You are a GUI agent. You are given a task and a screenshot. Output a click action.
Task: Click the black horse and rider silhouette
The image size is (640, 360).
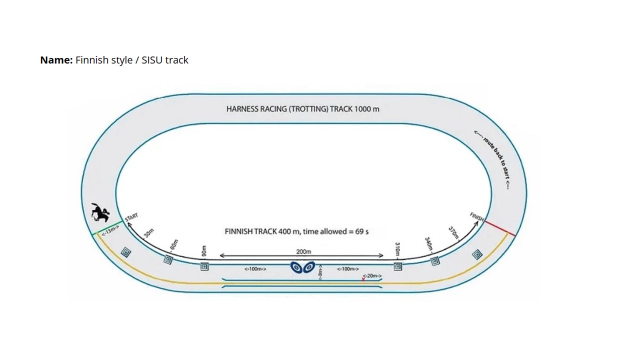point(100,212)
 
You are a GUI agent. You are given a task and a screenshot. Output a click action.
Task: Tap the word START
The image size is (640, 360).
point(131,217)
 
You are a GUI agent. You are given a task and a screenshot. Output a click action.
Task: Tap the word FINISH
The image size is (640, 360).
point(477,217)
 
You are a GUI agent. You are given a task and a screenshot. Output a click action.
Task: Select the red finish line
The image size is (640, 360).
point(499,228)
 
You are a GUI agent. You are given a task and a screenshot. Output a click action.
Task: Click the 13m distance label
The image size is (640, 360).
point(110,230)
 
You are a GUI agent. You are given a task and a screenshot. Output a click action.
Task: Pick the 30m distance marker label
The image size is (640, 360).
point(148,233)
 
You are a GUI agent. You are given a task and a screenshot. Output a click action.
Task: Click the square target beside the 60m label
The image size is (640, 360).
point(168,259)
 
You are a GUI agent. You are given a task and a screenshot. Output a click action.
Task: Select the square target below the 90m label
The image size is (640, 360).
point(204,267)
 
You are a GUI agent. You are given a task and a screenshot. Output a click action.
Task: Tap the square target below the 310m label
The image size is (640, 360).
point(397,266)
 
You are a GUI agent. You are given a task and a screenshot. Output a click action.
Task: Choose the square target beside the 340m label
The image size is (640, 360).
point(435,261)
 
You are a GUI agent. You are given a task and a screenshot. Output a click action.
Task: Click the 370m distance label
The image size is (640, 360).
point(453,232)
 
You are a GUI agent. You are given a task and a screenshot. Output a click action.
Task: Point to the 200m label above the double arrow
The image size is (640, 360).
point(303,251)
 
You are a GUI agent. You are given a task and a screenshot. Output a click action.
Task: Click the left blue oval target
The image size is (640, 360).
point(296,267)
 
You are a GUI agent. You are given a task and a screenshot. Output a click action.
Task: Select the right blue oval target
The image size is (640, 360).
point(309,267)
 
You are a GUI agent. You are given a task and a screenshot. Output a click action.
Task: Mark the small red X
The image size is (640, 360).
point(363,279)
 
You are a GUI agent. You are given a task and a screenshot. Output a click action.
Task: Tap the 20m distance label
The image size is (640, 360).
point(372,275)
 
